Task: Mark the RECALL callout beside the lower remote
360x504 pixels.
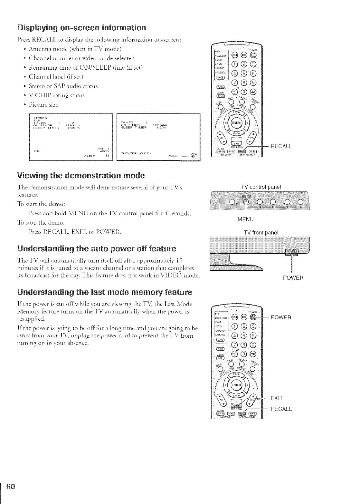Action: [281, 409]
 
